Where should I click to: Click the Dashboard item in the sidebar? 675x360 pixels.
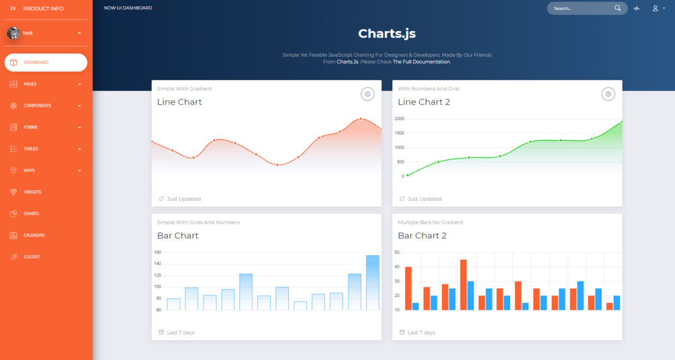45,62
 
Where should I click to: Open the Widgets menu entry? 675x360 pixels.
32,192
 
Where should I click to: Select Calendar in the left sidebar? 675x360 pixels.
34,235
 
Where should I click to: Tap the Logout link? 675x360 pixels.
32,257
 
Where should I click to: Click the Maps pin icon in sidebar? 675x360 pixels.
13,171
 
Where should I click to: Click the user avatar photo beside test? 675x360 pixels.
13,33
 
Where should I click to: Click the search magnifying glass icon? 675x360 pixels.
618,8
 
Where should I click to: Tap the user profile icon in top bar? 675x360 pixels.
656,8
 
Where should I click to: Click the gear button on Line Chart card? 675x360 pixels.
367,95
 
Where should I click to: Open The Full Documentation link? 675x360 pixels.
421,62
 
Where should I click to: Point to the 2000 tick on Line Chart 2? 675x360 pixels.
400,119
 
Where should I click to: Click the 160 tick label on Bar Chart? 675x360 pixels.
158,253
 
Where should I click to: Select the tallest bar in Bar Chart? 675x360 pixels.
373,282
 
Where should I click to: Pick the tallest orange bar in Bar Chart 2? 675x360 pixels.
463,284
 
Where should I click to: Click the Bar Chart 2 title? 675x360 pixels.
422,236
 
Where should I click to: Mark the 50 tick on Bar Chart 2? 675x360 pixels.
398,253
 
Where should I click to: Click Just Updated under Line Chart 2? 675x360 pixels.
424,199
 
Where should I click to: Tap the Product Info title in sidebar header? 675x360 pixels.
43,9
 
